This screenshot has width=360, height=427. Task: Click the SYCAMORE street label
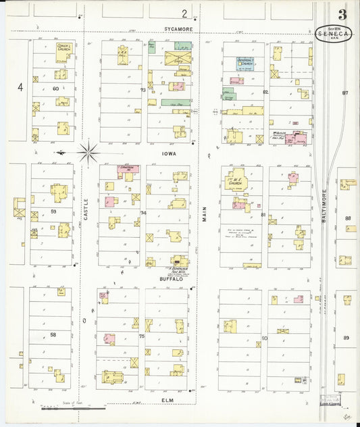pyautogui.click(x=179, y=30)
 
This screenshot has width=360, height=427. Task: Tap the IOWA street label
pyautogui.click(x=168, y=153)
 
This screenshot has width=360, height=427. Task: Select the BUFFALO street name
pyautogui.click(x=171, y=278)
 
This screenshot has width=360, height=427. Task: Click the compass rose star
pyautogui.click(x=88, y=151)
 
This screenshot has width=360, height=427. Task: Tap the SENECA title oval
pyautogui.click(x=333, y=34)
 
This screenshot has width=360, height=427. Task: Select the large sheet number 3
pyautogui.click(x=342, y=15)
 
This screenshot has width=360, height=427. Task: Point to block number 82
pyautogui.click(x=265, y=91)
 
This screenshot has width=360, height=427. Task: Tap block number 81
pyautogui.click(x=263, y=215)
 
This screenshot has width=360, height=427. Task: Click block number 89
pyautogui.click(x=346, y=337)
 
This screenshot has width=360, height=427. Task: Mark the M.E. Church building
pyautogui.click(x=236, y=181)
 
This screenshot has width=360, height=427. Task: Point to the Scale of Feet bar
pyautogui.click(x=73, y=408)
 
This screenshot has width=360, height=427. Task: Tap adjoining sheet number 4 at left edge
pyautogui.click(x=20, y=86)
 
